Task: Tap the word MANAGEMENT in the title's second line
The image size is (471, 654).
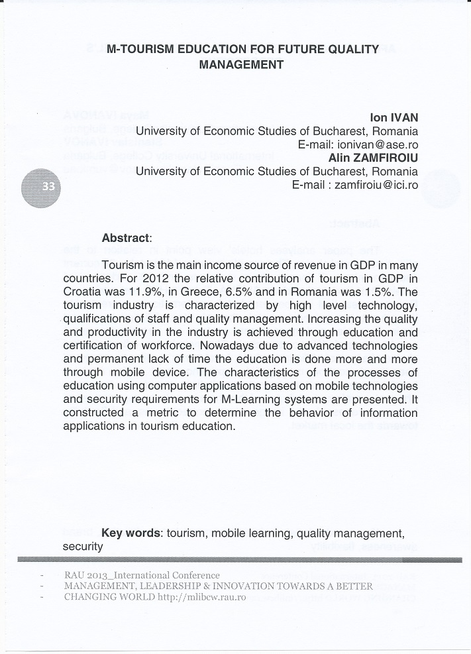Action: point(241,65)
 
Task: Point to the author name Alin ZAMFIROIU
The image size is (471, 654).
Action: point(373,158)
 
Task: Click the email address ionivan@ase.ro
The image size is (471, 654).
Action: point(378,144)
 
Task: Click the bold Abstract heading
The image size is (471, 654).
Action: point(126,238)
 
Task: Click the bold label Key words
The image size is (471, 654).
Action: point(131,533)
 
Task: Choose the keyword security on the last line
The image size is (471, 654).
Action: point(83,547)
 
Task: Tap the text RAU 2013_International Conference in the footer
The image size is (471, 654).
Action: point(142,575)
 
